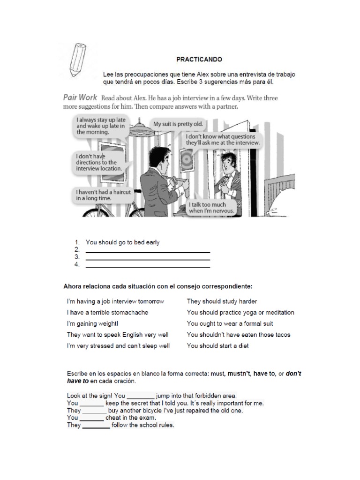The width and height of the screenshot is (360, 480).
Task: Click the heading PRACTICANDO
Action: [199, 60]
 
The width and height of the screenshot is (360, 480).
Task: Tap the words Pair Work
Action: [80, 97]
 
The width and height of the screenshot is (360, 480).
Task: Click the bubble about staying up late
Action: [100, 126]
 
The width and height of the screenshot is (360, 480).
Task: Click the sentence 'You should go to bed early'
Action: [123, 242]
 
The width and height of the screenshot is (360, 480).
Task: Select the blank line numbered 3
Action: [148, 258]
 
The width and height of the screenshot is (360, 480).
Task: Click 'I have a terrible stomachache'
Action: [107, 312]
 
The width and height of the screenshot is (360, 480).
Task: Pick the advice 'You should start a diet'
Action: [217, 346]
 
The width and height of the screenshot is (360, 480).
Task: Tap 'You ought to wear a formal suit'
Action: [230, 323]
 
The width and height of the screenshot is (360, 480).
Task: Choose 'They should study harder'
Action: [222, 301]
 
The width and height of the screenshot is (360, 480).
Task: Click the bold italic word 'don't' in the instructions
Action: [293, 374]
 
